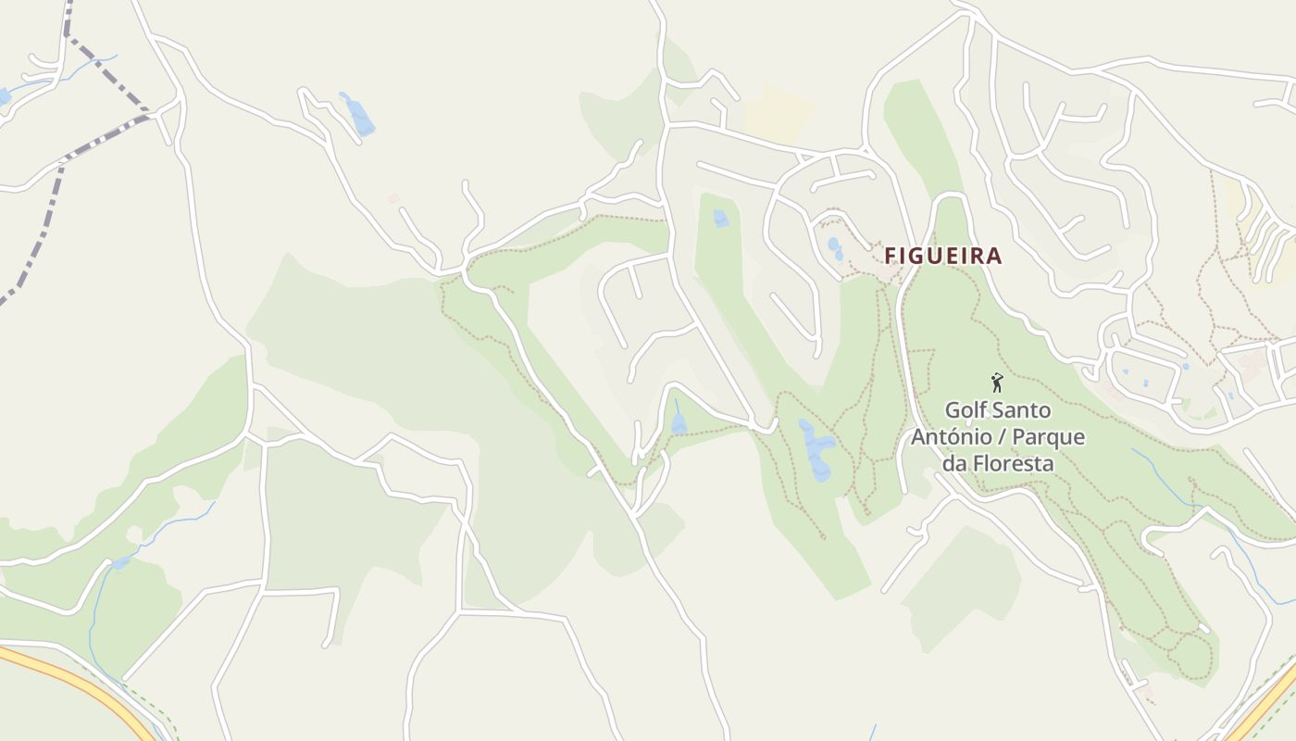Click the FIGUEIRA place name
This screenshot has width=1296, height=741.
[x=942, y=256]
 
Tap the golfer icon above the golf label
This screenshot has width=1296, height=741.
[x=997, y=383]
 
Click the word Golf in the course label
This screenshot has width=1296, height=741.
[x=964, y=409]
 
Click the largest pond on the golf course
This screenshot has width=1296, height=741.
[x=817, y=449]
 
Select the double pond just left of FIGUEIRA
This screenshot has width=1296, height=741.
[x=835, y=248]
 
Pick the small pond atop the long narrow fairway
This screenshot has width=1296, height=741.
[x=721, y=219]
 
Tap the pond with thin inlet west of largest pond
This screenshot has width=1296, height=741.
[x=679, y=421]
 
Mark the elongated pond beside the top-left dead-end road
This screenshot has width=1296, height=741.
[x=357, y=114]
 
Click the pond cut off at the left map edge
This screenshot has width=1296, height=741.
[x=5, y=95]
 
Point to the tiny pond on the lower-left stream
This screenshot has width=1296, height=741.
[x=121, y=562]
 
